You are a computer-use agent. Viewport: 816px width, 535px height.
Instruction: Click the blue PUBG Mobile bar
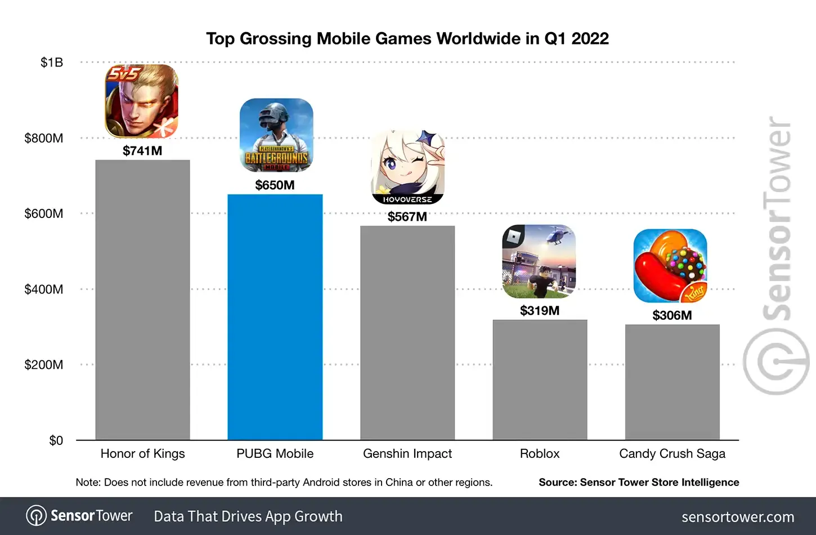click(275, 317)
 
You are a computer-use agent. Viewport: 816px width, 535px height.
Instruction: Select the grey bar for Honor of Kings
click(142, 300)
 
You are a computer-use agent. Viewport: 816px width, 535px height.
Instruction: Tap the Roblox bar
click(540, 380)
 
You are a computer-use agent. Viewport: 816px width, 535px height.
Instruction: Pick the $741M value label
click(142, 150)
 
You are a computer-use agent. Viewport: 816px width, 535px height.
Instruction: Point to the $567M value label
click(407, 216)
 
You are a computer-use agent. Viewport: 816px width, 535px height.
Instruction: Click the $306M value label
click(672, 315)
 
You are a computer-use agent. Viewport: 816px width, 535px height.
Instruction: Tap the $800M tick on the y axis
click(44, 138)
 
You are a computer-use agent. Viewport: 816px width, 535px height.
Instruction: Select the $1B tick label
click(52, 63)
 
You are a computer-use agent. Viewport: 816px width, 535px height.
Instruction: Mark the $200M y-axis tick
click(44, 364)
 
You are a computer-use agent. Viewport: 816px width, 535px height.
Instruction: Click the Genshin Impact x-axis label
click(407, 454)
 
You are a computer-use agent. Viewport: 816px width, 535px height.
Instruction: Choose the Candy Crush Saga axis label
click(672, 454)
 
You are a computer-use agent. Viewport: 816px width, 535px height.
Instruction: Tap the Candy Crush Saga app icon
click(670, 266)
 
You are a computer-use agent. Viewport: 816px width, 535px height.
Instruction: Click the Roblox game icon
click(539, 261)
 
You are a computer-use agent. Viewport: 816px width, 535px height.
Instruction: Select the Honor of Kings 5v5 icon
click(142, 101)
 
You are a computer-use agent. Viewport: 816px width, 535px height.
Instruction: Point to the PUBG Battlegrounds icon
click(276, 135)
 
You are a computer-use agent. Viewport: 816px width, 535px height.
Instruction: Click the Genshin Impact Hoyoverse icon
click(407, 167)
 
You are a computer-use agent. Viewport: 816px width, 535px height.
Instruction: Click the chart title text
click(407, 39)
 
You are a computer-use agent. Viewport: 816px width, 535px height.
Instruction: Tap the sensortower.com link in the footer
click(738, 517)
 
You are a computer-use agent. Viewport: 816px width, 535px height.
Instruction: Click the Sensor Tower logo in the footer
click(79, 516)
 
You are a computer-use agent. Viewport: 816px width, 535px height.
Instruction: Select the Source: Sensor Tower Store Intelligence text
click(639, 482)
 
